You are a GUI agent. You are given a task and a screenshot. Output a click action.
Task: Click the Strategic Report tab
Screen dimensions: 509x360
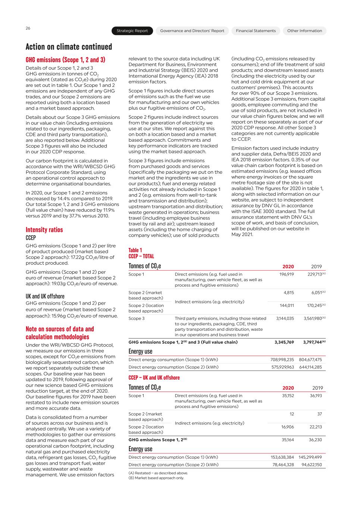click(132, 31)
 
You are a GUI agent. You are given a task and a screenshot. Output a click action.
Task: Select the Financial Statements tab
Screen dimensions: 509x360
click(256, 31)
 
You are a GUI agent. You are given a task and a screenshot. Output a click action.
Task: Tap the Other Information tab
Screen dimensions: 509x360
click(304, 31)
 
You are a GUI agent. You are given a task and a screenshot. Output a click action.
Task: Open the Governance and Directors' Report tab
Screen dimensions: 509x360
click(192, 31)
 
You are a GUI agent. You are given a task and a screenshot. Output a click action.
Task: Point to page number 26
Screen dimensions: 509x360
click(28, 28)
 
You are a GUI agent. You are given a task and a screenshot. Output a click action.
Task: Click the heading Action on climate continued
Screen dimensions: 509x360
click(69, 47)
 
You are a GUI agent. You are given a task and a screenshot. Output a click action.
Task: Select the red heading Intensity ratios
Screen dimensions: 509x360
click(44, 230)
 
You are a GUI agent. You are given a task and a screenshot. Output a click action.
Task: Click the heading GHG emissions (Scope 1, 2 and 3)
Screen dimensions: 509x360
click(65, 60)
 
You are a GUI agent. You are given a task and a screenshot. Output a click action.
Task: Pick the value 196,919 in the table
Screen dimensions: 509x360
click(287, 274)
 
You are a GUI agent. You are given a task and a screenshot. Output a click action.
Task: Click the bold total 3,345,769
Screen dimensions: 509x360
click(284, 342)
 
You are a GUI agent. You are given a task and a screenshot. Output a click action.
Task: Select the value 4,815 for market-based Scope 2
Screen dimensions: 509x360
click(289, 293)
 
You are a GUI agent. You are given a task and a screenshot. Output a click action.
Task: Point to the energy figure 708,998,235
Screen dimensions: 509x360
click(282, 360)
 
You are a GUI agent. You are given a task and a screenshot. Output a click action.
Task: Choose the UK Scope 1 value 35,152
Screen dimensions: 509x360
click(288, 396)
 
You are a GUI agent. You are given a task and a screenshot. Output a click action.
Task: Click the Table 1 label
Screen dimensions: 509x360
click(135, 250)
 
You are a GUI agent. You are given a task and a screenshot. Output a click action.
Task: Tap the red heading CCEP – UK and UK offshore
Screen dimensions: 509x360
click(154, 377)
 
